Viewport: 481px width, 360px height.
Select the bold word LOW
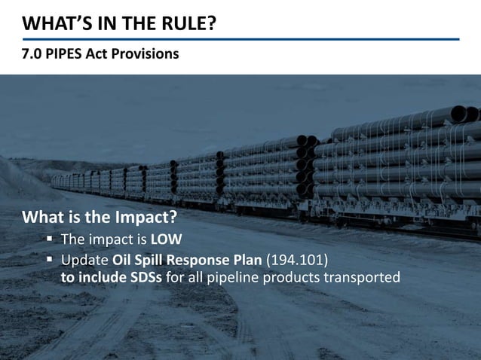[167, 240]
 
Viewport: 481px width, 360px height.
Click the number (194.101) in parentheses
[300, 260]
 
